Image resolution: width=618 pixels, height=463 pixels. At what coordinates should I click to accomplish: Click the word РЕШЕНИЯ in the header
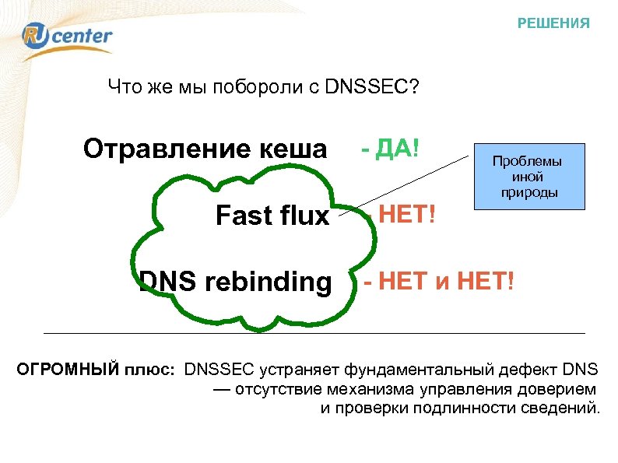click(553, 23)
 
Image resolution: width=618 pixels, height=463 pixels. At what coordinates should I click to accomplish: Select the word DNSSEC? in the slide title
click(372, 86)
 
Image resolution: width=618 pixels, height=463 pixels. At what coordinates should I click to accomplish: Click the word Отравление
click(160, 149)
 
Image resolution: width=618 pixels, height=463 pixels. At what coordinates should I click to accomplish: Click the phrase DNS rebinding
click(234, 282)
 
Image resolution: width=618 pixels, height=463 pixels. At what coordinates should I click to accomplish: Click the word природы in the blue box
click(528, 191)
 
